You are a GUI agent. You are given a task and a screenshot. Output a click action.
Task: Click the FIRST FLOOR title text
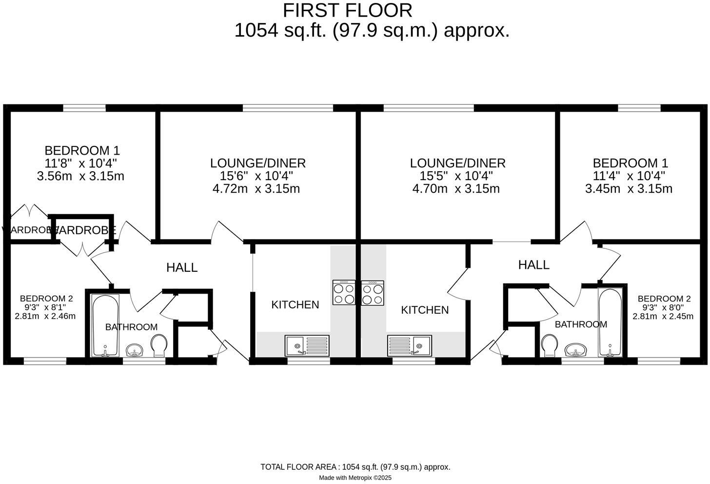coord(347,10)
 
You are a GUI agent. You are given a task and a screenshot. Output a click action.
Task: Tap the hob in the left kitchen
coord(343,293)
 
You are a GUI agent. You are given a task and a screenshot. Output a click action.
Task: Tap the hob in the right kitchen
coord(373,293)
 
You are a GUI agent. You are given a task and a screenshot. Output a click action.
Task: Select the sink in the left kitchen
coord(307,345)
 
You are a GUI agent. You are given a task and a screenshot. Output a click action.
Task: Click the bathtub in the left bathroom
coord(105,325)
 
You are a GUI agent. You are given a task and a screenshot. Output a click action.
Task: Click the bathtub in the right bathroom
coord(610,323)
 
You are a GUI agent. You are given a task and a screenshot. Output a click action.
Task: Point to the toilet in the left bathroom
coord(159,345)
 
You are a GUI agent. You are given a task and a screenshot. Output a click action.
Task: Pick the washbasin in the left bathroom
coord(134,350)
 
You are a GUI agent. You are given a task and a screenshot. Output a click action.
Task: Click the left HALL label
coord(182,267)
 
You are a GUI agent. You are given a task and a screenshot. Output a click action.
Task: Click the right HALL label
coord(533,265)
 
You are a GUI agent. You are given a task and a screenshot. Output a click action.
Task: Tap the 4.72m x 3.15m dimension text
coord(256,189)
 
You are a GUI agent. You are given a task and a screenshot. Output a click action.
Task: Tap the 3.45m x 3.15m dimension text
coord(629,189)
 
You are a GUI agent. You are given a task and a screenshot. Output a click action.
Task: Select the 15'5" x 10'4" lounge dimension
coord(456,176)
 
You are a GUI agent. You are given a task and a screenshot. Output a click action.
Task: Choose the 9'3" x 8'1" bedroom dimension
coord(46,307)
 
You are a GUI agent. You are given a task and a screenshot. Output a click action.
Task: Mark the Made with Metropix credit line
coord(355,478)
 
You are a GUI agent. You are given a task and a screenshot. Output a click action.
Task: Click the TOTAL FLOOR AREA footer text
coord(355,467)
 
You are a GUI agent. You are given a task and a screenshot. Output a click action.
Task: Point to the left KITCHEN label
coord(295,305)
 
